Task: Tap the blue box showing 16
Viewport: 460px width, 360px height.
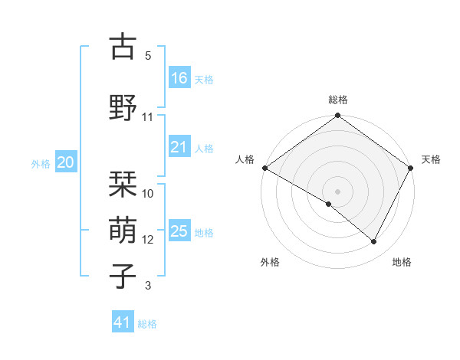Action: (179, 78)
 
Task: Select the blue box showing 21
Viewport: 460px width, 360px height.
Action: (179, 147)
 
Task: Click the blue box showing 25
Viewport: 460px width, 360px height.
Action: (179, 231)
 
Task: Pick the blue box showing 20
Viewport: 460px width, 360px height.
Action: (66, 162)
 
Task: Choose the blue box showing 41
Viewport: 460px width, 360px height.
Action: (123, 322)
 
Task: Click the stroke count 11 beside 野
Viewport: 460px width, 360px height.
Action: (148, 117)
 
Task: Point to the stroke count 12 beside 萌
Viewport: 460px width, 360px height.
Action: (148, 240)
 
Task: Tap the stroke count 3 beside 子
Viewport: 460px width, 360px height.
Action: (148, 286)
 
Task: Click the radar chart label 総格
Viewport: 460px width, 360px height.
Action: (338, 100)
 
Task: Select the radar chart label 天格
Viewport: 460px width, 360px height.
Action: (431, 159)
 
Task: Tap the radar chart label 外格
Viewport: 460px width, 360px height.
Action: (270, 262)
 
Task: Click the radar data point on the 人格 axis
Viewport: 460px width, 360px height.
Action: (264, 168)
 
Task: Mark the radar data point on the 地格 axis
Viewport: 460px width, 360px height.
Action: (374, 242)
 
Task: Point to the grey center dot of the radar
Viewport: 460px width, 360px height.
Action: (337, 191)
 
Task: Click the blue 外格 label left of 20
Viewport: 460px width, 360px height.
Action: (41, 163)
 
